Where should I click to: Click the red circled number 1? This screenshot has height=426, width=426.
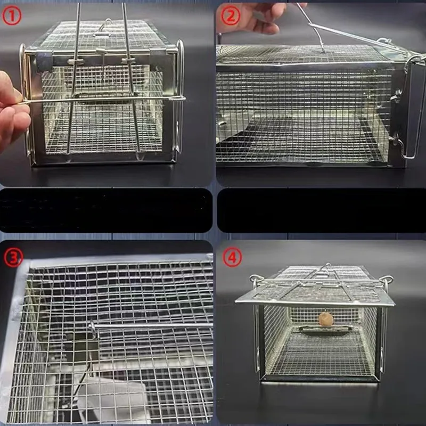(12, 16)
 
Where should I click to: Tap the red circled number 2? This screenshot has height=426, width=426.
(231, 16)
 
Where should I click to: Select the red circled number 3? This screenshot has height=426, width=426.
(13, 258)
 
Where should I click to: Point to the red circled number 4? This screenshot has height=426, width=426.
(232, 257)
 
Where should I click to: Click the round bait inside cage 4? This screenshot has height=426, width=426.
(326, 319)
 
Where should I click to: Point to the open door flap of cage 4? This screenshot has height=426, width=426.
(315, 293)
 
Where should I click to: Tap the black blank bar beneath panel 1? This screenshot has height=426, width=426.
(106, 210)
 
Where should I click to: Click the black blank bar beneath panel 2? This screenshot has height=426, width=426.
(322, 210)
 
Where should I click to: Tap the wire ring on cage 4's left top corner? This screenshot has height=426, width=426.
(257, 278)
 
